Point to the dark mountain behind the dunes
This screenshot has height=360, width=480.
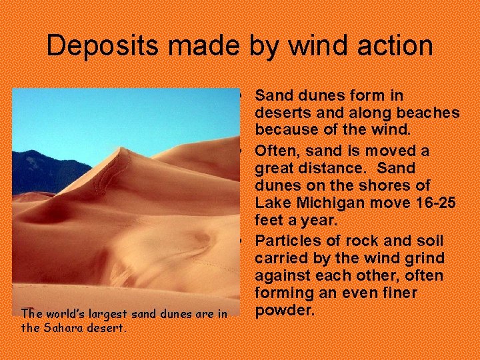[40, 170]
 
